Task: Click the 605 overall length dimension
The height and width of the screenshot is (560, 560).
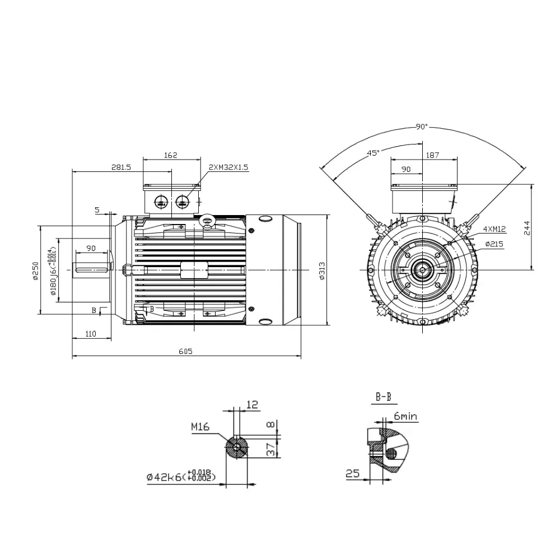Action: (x=185, y=351)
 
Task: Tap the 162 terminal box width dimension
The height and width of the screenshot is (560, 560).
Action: (x=171, y=155)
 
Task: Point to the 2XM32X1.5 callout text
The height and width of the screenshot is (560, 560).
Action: (x=228, y=167)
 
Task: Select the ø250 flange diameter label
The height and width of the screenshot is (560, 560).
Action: (x=35, y=271)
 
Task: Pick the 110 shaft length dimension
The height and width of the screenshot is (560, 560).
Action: (x=91, y=334)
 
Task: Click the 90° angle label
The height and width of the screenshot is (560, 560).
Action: (x=422, y=127)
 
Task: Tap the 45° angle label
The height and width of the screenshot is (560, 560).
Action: (x=373, y=152)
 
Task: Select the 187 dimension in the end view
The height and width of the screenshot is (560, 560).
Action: (x=432, y=155)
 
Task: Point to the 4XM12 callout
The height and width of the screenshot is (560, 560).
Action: (x=494, y=229)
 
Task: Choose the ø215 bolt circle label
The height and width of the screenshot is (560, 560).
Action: (x=495, y=244)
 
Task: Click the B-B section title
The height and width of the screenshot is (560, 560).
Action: (x=383, y=398)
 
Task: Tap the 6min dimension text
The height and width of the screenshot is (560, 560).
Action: (x=405, y=417)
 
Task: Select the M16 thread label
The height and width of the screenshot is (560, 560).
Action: (x=200, y=427)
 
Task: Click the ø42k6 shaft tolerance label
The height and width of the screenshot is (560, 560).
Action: (x=181, y=477)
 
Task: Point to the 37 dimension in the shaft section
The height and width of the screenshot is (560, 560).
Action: (x=270, y=448)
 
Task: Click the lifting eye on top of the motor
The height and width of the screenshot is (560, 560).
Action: (x=208, y=221)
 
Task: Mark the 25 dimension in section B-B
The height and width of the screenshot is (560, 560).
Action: (x=352, y=474)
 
